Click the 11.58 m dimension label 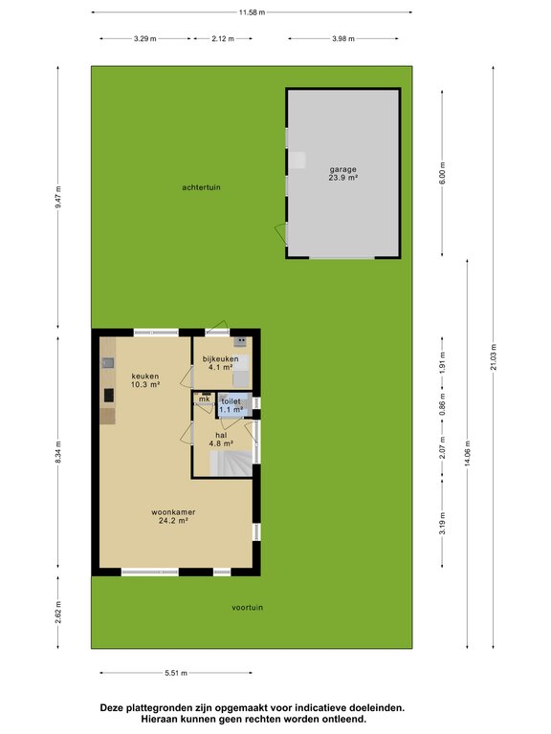coord(253,12)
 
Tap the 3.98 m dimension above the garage coord(343,39)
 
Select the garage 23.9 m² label coord(343,174)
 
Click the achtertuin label coord(201,187)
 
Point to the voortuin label coord(248,608)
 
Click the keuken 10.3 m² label coord(145,380)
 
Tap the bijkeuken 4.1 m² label coord(220,363)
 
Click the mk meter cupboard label coord(205,399)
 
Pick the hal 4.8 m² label coord(221,439)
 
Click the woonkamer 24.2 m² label coord(173,516)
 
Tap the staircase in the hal coord(231,464)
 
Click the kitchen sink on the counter coord(108,363)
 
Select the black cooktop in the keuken coord(109,395)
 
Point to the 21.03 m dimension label coord(494,356)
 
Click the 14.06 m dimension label coord(467,454)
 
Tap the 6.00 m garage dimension coord(443,173)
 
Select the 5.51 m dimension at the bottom coord(176,673)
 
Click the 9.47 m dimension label coord(58,197)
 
